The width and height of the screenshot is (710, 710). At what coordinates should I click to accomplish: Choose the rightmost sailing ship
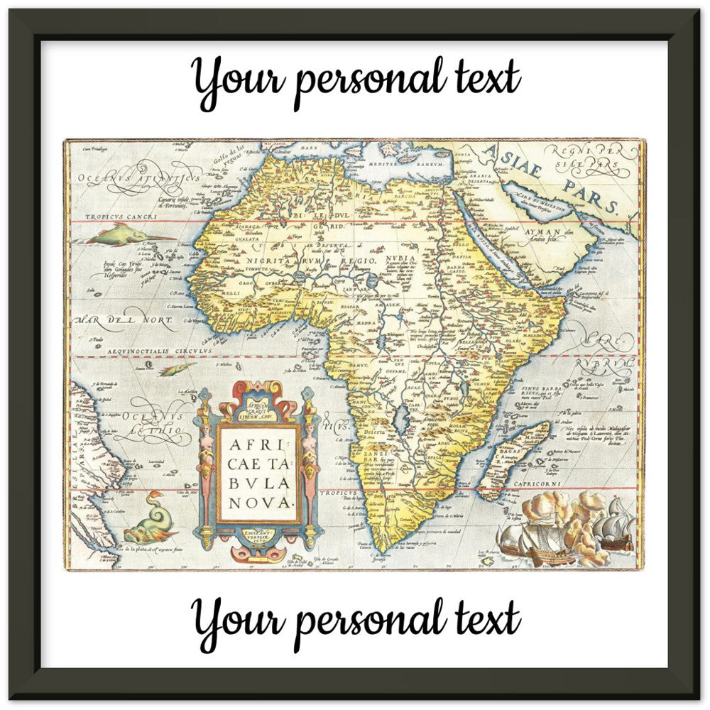pos(615,525)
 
